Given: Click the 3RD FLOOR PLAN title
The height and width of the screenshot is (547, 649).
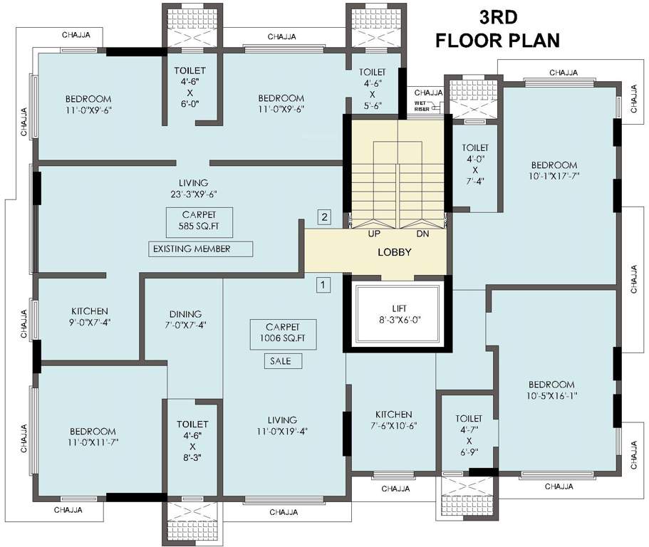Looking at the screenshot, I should (x=498, y=28).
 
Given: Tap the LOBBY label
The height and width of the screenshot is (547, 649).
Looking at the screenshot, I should (x=394, y=252).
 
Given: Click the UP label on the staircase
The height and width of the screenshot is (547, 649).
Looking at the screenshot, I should (x=373, y=234).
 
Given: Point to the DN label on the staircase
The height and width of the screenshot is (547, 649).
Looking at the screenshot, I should (x=423, y=234).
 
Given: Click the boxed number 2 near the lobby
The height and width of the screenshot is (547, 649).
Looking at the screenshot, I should (x=325, y=217).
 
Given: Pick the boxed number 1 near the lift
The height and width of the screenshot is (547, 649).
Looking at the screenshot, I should (x=323, y=285).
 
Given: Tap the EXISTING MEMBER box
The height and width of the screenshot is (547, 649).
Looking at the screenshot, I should (x=201, y=249).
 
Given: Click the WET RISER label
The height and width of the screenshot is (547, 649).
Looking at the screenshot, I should (x=422, y=106).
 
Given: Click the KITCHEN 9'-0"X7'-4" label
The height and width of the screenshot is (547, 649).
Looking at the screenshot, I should (x=90, y=316).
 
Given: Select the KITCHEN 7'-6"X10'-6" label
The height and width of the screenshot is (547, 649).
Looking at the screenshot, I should (x=394, y=420).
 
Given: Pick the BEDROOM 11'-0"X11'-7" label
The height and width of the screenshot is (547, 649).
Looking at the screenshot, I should (x=93, y=437).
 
